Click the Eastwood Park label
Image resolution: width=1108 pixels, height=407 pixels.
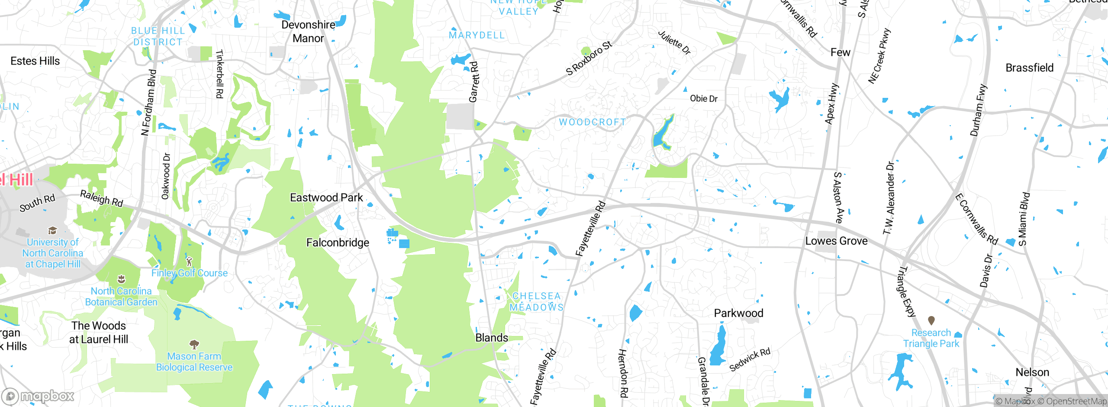(x=326, y=198)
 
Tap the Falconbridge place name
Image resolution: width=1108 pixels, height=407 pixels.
(x=338, y=243)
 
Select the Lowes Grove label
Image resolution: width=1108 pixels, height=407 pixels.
(x=836, y=241)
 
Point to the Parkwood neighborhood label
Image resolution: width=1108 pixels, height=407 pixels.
(x=738, y=313)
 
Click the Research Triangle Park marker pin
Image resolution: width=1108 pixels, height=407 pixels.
(x=931, y=320)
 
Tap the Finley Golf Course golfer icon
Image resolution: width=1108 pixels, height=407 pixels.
(x=189, y=262)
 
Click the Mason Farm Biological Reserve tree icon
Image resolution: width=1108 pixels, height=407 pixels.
(x=194, y=345)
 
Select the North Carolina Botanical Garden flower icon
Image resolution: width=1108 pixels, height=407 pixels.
(x=122, y=279)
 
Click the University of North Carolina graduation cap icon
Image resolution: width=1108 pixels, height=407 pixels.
(x=52, y=230)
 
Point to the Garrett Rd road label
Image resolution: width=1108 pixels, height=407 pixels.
(x=474, y=82)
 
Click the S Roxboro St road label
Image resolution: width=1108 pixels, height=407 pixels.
(x=589, y=58)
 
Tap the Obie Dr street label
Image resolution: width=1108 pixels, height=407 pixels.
(x=703, y=99)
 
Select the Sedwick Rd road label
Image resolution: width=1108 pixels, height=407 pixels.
(x=750, y=359)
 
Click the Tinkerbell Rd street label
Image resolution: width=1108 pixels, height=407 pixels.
(x=219, y=74)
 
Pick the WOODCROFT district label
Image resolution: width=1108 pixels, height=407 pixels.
(x=592, y=122)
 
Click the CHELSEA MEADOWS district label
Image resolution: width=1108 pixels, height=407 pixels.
(x=536, y=302)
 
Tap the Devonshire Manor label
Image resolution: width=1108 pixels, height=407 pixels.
(x=308, y=32)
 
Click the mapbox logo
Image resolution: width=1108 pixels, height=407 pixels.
(x=38, y=396)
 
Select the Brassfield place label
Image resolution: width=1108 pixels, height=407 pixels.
(x=1029, y=68)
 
